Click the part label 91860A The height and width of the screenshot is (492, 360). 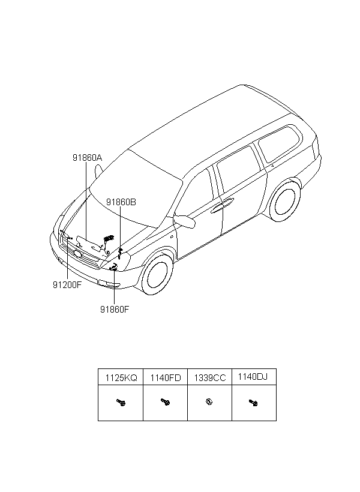pos(87,158)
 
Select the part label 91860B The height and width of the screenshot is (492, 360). pos(121,202)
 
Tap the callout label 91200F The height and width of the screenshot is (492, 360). pos(67,285)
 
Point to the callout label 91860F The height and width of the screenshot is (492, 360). pos(115,310)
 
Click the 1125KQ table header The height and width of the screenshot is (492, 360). pos(121,378)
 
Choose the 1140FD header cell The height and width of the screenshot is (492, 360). pos(166,378)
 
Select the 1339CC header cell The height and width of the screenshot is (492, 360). pos(209,378)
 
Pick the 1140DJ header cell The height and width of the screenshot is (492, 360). pos(253,377)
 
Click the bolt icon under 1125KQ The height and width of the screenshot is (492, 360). pos(121,402)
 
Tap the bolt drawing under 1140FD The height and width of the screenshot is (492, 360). pos(166,402)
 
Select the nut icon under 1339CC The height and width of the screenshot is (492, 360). pos(209,401)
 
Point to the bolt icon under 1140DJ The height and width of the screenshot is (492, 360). pos(253,403)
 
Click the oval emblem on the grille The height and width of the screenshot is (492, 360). pos(77,254)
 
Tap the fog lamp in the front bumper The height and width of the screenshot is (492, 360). pos(109,284)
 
